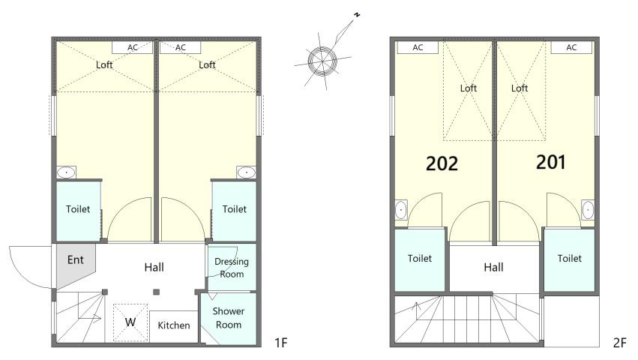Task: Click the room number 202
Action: [442, 163]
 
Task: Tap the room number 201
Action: [550, 162]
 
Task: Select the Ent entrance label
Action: [75, 259]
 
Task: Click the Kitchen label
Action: [174, 325]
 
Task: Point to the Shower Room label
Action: [228, 318]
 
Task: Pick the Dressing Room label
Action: [232, 268]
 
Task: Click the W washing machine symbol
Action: [130, 322]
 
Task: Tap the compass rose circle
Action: [322, 61]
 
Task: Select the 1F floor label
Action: [280, 343]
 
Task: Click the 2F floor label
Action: [619, 343]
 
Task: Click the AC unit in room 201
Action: [571, 48]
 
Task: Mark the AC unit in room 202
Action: [418, 48]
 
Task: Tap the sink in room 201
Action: [588, 210]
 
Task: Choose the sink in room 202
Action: [401, 210]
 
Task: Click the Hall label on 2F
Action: [493, 268]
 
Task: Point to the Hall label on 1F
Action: [154, 268]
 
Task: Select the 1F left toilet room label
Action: [78, 209]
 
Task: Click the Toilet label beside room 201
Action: [569, 258]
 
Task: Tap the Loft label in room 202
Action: [468, 88]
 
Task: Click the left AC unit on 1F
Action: [132, 48]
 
